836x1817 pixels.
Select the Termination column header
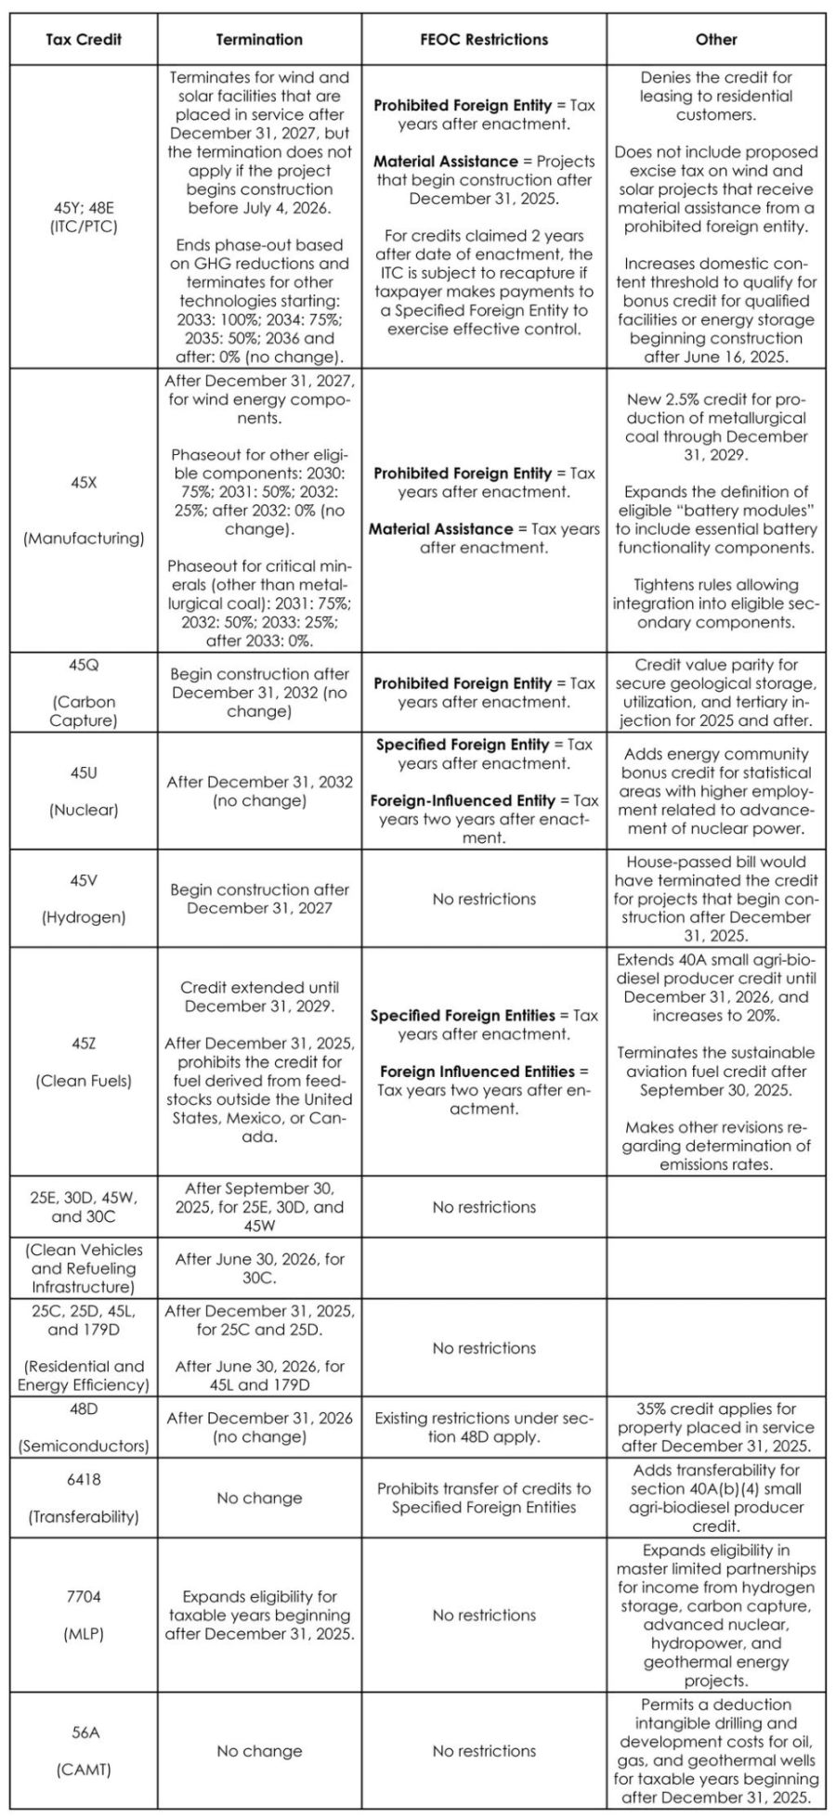coord(259,40)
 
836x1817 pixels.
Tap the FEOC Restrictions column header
coord(484,40)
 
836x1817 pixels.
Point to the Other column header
coord(716,40)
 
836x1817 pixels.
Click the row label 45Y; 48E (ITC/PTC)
coord(83,216)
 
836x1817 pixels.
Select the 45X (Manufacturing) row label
coord(83,510)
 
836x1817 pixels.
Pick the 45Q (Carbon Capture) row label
coord(83,693)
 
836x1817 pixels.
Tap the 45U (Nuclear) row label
coord(83,791)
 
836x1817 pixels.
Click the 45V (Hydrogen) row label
coord(83,898)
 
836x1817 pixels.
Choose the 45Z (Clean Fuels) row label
coord(83,1061)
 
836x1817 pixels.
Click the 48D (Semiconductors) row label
coord(83,1426)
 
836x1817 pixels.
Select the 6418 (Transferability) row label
coord(83,1498)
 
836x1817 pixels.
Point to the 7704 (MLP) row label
coord(83,1615)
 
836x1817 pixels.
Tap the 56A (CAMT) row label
coord(83,1750)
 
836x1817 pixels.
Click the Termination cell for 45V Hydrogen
coord(259,898)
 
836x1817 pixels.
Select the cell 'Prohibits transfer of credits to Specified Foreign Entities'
coord(484,1498)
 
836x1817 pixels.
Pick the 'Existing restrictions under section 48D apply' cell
coord(484,1427)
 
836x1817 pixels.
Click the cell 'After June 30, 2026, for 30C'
coord(259,1267)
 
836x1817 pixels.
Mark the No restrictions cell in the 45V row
coord(484,899)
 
